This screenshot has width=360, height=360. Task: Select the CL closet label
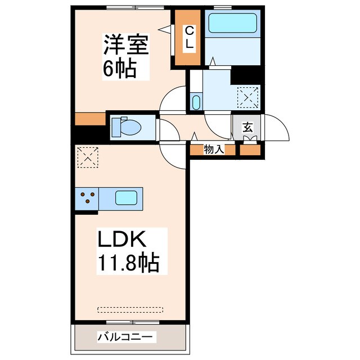[x=190, y=38]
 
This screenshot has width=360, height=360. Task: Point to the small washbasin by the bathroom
[x=195, y=102]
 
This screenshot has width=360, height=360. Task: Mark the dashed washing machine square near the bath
[x=247, y=96]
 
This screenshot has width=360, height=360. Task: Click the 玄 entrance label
[x=247, y=127]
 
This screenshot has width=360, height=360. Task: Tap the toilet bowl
[x=129, y=127]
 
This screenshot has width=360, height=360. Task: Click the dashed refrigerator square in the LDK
[x=88, y=157]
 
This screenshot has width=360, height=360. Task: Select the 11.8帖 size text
[x=129, y=263]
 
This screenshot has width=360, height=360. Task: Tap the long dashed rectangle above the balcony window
[x=130, y=309]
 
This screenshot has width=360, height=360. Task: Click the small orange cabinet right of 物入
[x=251, y=150]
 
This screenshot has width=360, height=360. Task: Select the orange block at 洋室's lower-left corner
[x=90, y=119]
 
